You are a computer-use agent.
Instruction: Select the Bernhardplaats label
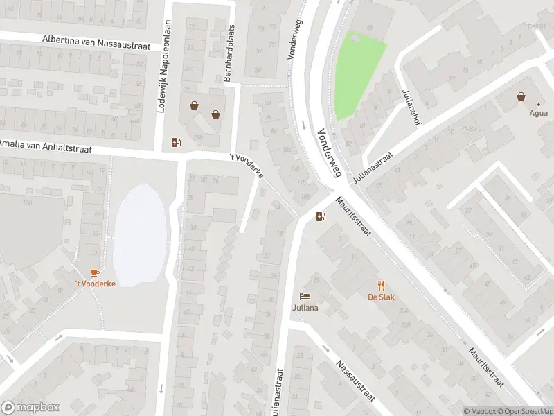pos(229,53)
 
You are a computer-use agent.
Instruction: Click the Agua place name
pos(538,113)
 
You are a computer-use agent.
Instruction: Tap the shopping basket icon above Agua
pos(520,97)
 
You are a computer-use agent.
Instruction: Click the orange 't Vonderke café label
pos(96,284)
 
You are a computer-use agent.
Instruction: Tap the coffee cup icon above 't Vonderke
pos(95,272)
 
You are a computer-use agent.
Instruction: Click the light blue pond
pos(140,234)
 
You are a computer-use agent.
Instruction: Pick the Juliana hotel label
pos(305,308)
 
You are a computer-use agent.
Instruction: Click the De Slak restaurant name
pos(381,297)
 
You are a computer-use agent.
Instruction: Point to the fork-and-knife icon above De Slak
pos(381,285)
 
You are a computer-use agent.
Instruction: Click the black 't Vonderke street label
pos(247,167)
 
